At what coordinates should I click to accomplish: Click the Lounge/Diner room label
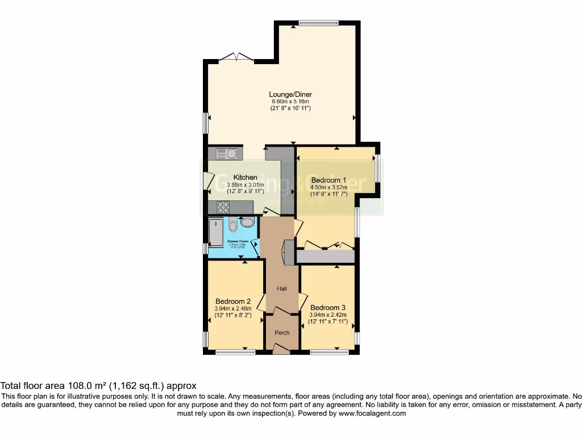click(290, 94)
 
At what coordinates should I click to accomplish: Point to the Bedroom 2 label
click(233, 301)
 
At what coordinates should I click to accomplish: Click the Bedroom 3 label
click(328, 307)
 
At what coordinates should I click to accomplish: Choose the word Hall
click(281, 289)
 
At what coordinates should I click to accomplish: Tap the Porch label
click(281, 333)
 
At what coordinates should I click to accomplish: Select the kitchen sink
click(227, 153)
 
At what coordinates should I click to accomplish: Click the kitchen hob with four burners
click(223, 207)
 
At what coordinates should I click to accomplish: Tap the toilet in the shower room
click(232, 226)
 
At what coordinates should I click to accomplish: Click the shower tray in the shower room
click(216, 233)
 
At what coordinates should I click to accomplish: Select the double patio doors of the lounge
click(236, 57)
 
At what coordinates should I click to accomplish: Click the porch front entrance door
click(281, 351)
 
